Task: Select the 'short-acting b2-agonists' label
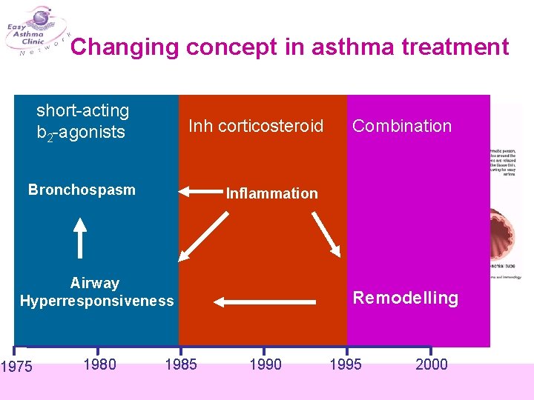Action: [x=82, y=121]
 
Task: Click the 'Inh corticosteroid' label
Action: [x=256, y=126]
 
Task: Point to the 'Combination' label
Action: [x=402, y=126]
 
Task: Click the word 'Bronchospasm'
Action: [x=82, y=190]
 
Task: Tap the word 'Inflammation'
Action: [x=271, y=193]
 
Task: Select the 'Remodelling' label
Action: [x=405, y=299]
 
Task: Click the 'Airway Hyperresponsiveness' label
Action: [x=96, y=292]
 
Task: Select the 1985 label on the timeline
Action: [x=180, y=364]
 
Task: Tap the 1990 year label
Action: [x=265, y=364]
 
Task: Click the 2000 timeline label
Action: [x=431, y=364]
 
